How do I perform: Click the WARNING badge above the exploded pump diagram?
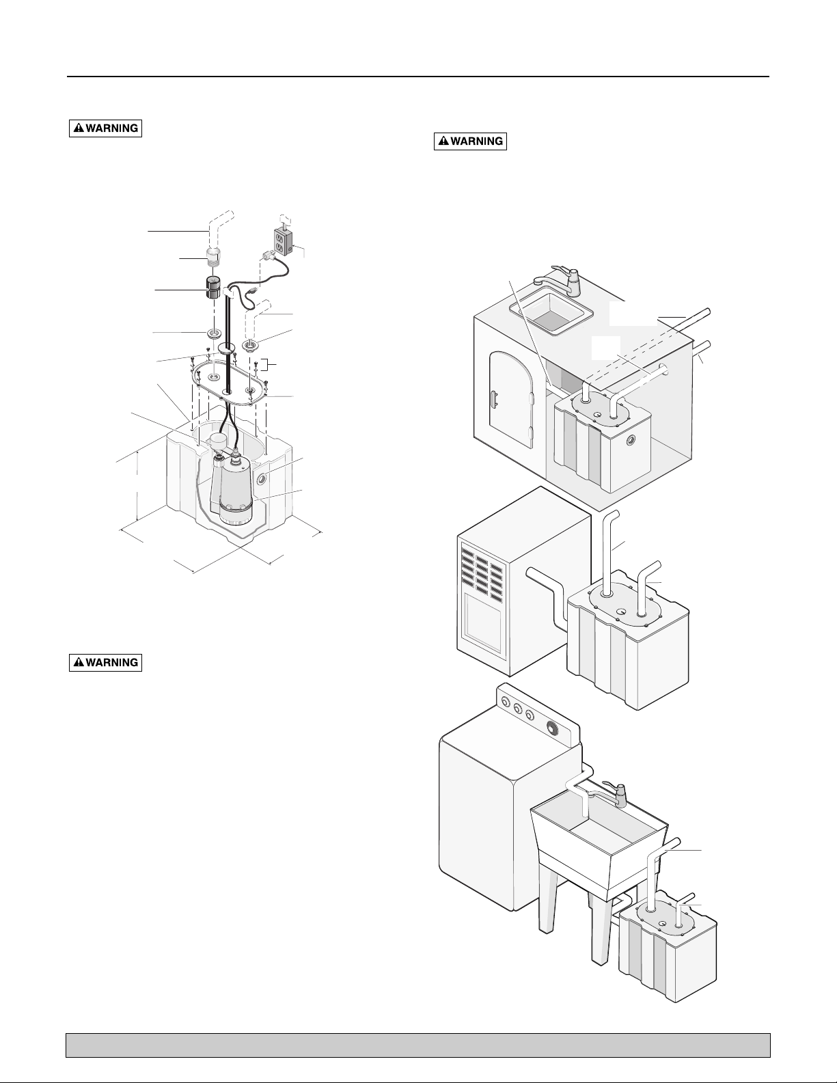[106, 128]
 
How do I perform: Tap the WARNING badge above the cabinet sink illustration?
[470, 141]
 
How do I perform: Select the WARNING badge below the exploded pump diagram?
[106, 662]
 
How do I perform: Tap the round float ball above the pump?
[219, 440]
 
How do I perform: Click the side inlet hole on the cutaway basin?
[261, 479]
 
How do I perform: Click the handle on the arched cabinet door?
[494, 398]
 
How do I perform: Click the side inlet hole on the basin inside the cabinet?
[631, 441]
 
